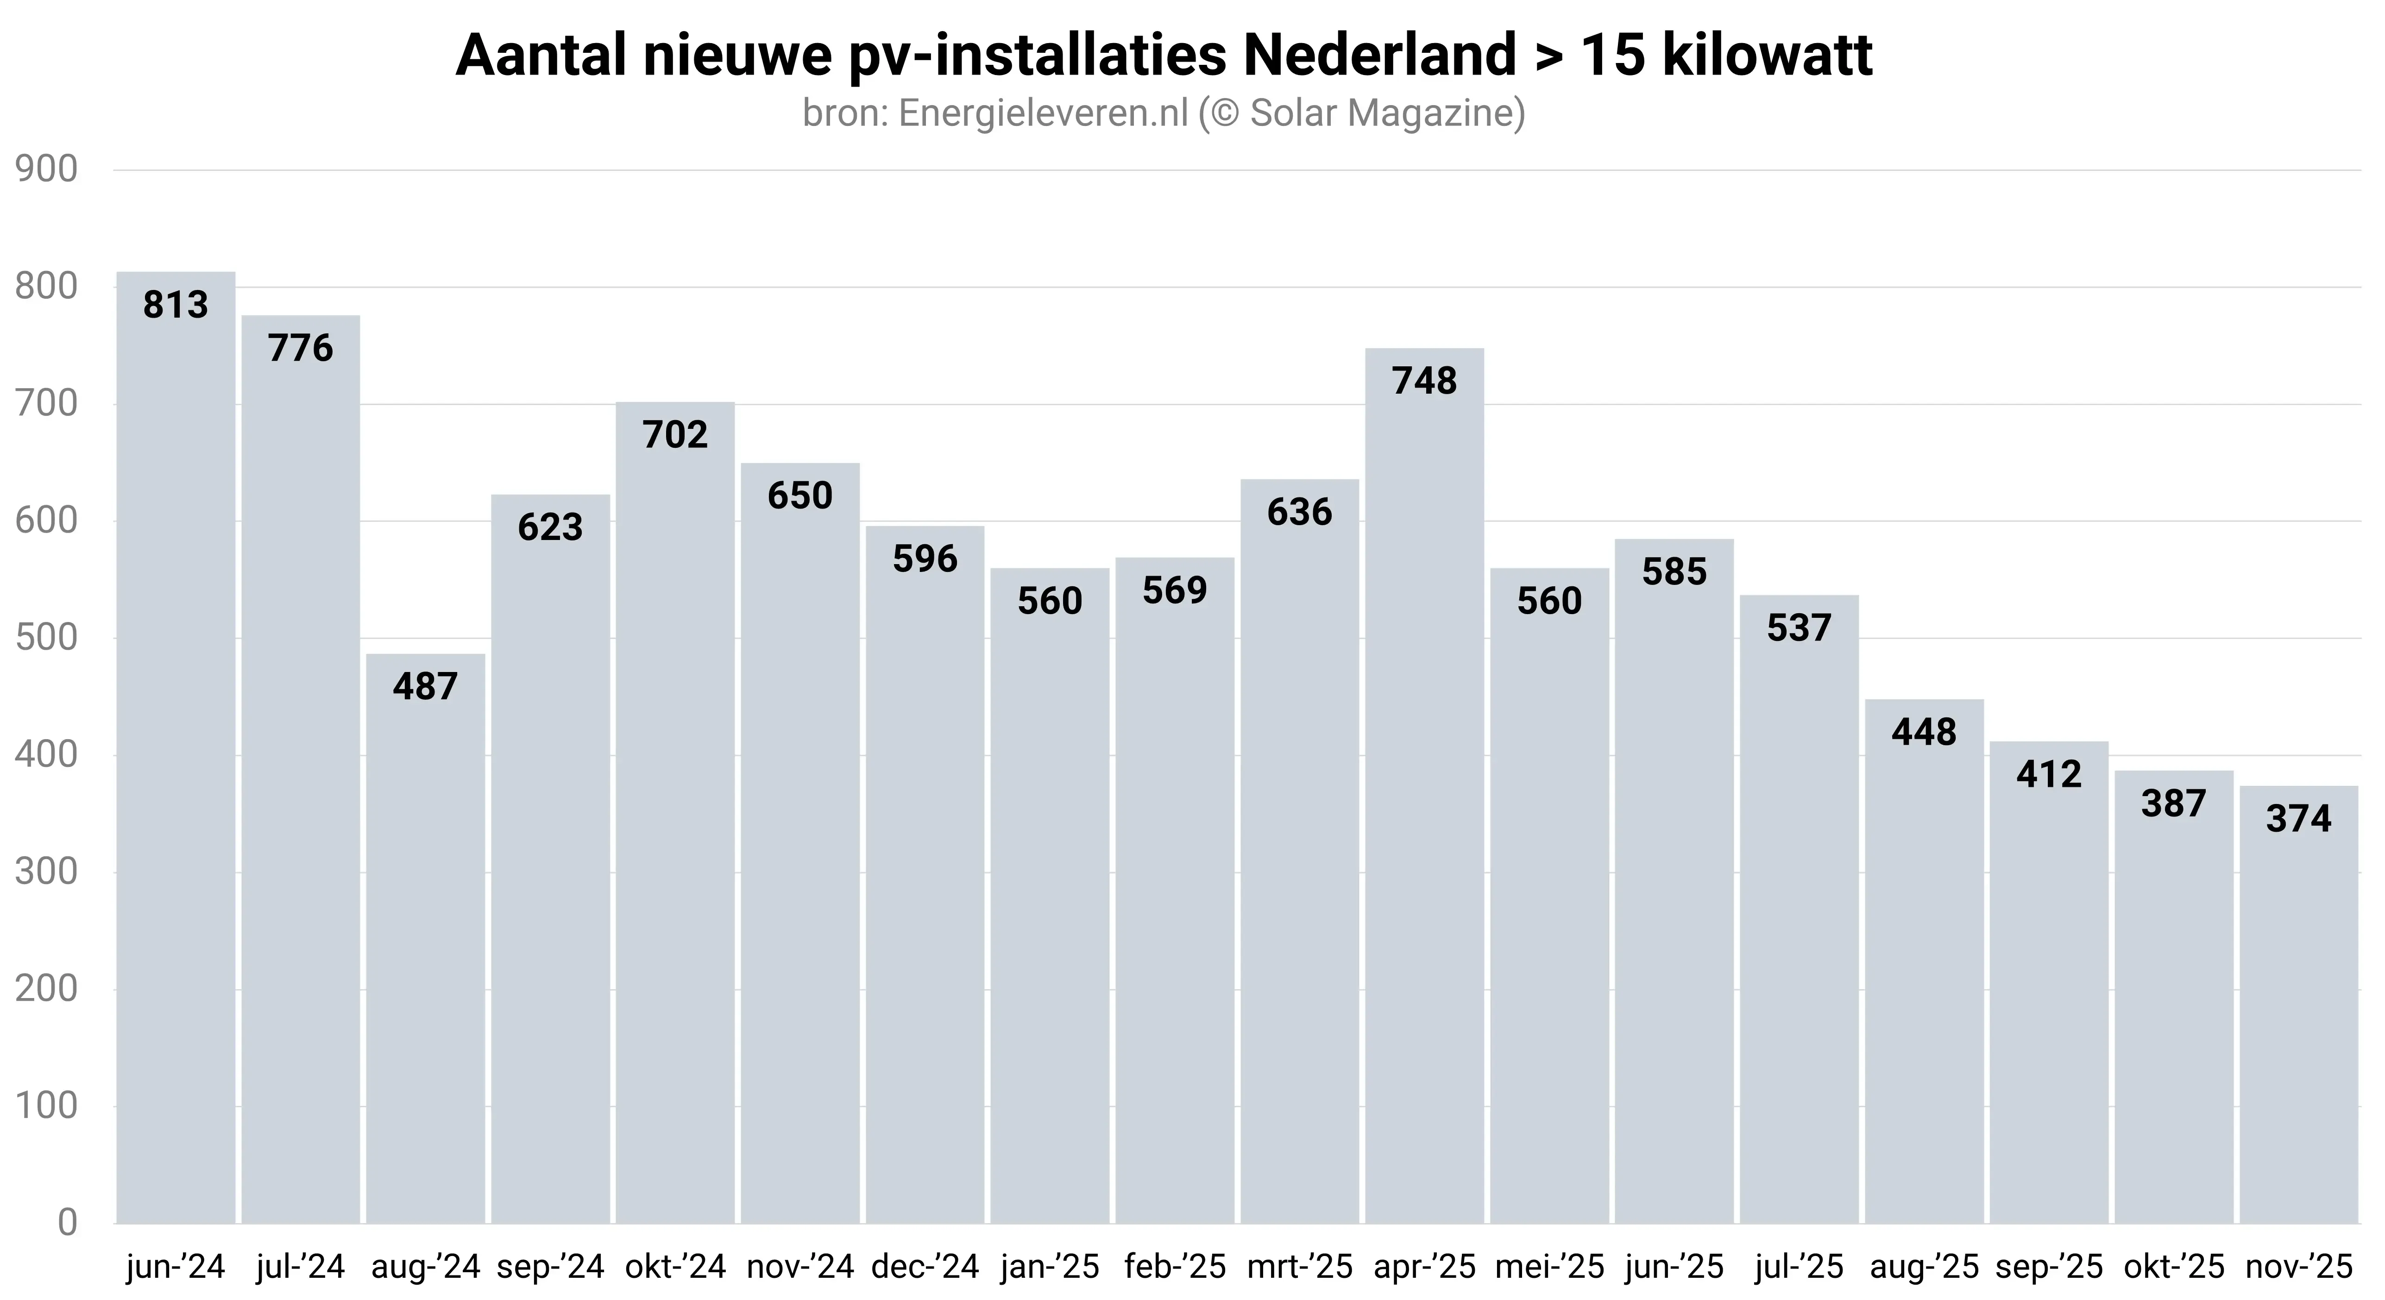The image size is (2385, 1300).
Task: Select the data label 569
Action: (1175, 591)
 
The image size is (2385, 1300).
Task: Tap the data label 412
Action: (2049, 774)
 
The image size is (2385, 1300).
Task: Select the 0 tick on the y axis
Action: (67, 1223)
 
